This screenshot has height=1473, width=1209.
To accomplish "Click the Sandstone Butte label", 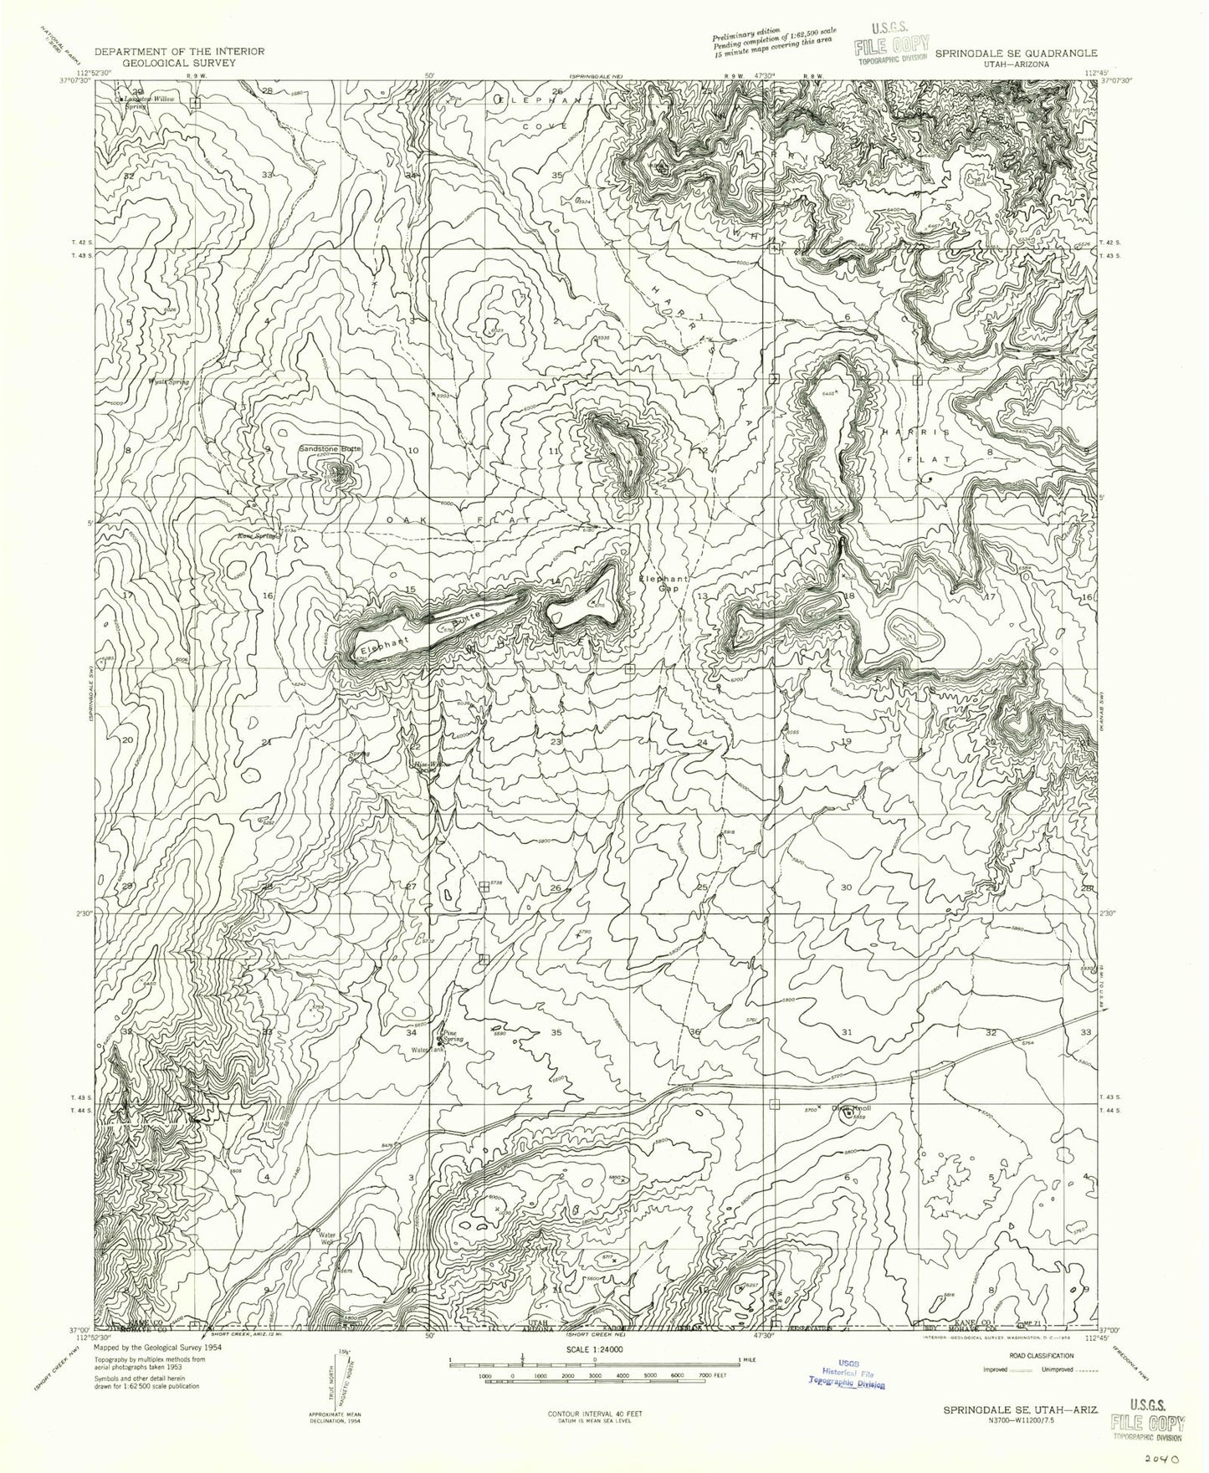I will [330, 449].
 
